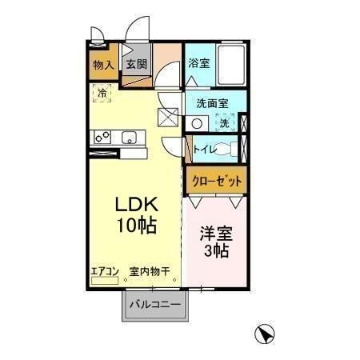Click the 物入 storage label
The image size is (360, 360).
pyautogui.click(x=102, y=65)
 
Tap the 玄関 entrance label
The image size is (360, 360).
pyautogui.click(x=134, y=65)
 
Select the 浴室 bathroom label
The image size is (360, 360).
pyautogui.click(x=199, y=62)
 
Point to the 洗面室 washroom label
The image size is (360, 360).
pyautogui.click(x=213, y=104)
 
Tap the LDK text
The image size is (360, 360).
pyautogui.click(x=137, y=203)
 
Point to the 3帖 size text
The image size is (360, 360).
pyautogui.click(x=214, y=252)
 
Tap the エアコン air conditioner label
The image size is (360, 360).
pyautogui.click(x=104, y=272)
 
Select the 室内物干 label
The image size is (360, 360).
pyautogui.click(x=150, y=272)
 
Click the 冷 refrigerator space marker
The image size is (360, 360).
pyautogui.click(x=102, y=94)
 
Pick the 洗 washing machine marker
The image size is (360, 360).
pyautogui.click(x=226, y=122)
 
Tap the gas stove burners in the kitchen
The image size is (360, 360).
pyautogui.click(x=103, y=138)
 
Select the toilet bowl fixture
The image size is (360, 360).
pyautogui.click(x=227, y=147)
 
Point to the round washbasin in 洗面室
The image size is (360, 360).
pyautogui.click(x=199, y=122)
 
